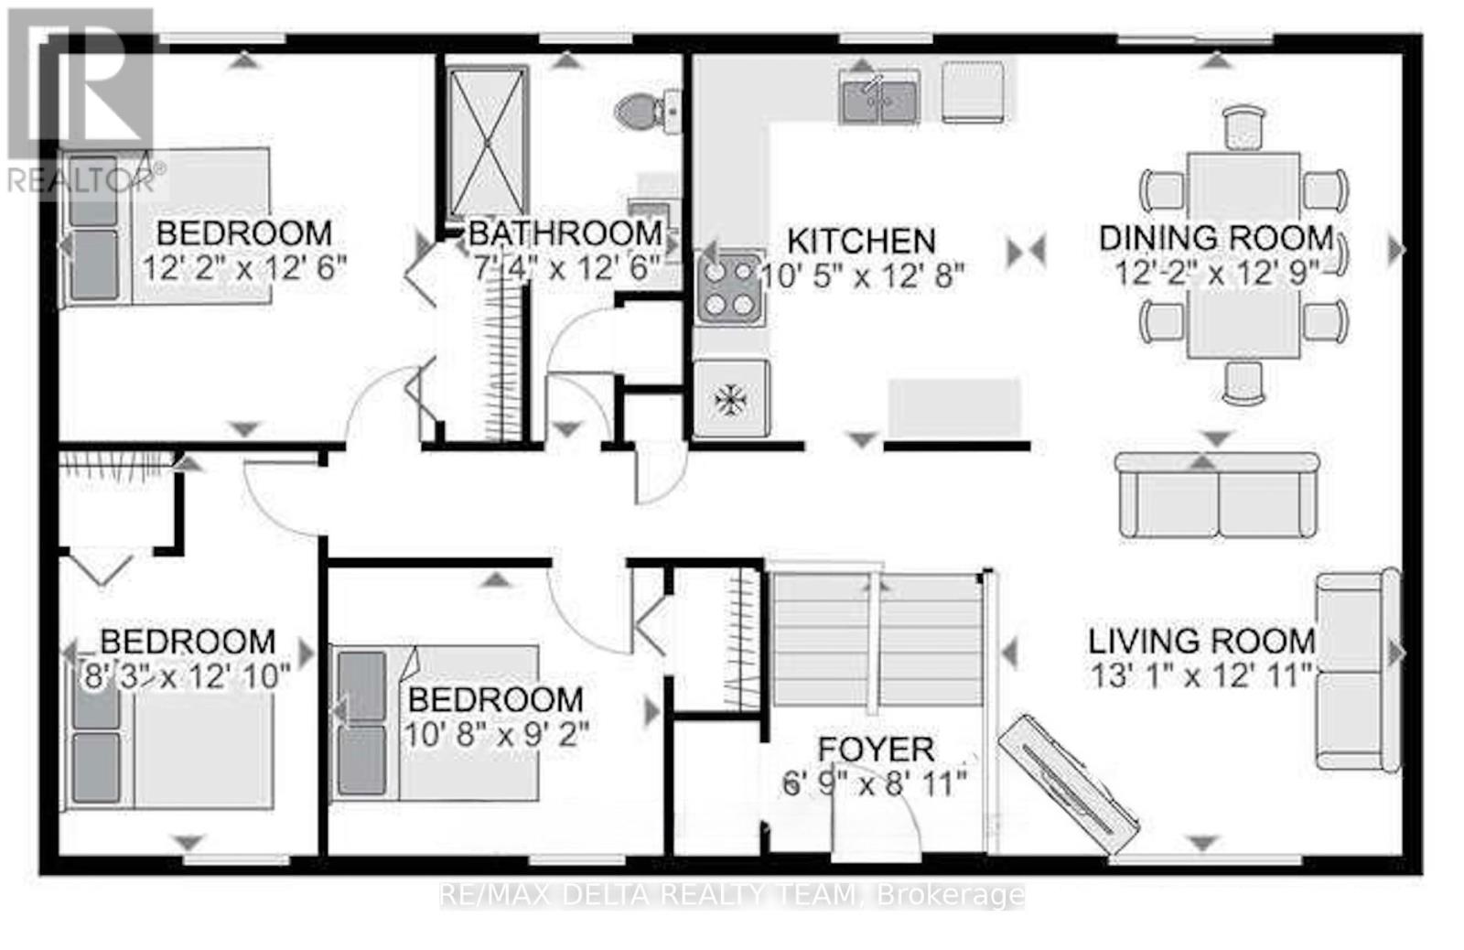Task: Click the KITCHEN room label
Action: coord(861,242)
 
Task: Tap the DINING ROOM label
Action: coord(1216,238)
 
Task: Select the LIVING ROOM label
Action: coord(1201,641)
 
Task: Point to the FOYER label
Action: coord(876,750)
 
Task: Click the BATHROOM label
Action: coord(565,233)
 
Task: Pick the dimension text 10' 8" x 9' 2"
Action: coord(497,733)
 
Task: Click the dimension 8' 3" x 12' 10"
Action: coord(186,676)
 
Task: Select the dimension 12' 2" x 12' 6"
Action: coord(244,268)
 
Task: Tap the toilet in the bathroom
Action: coord(645,112)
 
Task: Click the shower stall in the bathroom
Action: coord(487,141)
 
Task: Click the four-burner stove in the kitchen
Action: coord(729,288)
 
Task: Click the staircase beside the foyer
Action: coord(877,641)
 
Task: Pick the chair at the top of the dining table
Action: coord(1243,126)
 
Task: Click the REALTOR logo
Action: coord(82,101)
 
